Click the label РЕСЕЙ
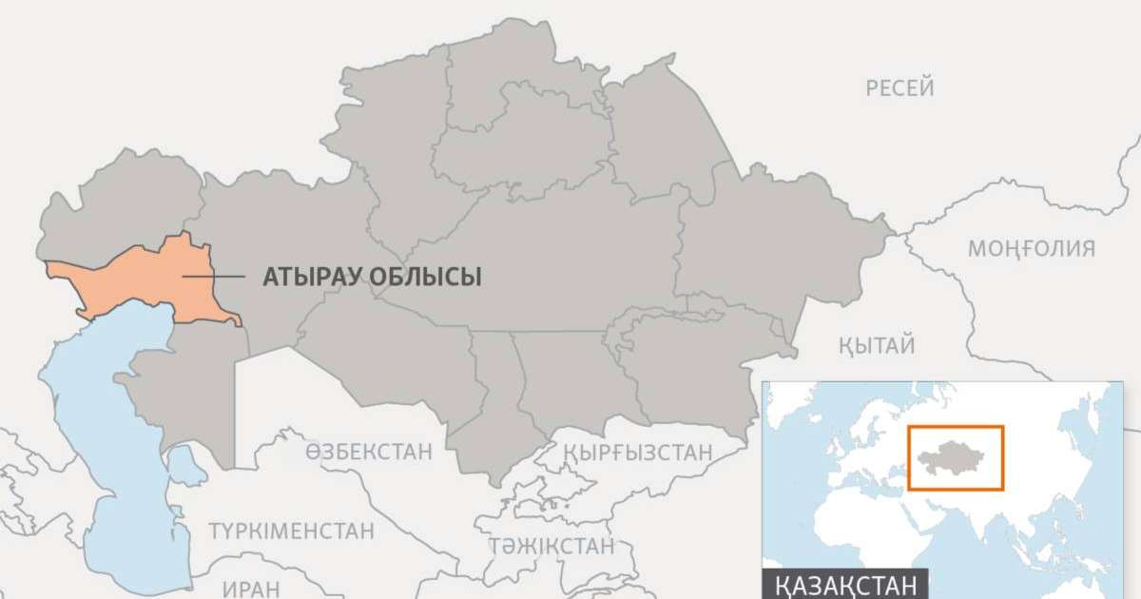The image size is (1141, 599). (899, 88)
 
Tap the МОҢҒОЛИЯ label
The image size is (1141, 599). (1031, 249)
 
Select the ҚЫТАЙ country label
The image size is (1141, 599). (877, 345)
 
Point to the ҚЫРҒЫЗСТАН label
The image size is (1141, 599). (637, 453)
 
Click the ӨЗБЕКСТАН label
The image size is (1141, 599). (369, 452)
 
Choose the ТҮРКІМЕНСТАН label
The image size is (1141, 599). (292, 531)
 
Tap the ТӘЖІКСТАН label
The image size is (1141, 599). (551, 546)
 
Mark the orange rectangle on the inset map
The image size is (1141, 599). (956, 428)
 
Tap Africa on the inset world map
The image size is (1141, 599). (846, 532)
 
